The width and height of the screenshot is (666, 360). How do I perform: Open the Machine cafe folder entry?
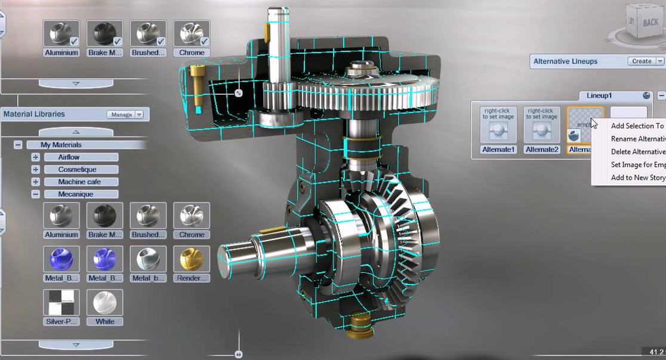(x=80, y=182)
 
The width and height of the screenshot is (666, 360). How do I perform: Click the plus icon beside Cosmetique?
(x=36, y=170)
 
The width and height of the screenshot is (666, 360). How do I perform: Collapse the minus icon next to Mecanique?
(x=36, y=194)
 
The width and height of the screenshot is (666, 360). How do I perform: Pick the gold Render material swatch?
(x=192, y=259)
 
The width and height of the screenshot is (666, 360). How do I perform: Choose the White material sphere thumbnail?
(x=104, y=303)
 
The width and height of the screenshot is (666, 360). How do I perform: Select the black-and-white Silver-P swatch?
(x=61, y=303)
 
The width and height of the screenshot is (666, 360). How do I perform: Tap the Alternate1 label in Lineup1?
(x=498, y=149)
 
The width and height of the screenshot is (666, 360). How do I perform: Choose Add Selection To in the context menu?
(x=637, y=126)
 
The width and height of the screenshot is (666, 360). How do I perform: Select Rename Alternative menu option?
(x=637, y=139)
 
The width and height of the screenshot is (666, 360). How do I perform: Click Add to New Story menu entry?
(x=637, y=178)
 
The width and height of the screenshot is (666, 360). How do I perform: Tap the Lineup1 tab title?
(x=608, y=96)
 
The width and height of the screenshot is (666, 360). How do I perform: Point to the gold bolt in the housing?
(x=196, y=84)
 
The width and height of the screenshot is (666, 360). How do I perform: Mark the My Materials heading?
(x=61, y=144)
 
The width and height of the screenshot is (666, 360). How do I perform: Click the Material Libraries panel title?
(x=34, y=114)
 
